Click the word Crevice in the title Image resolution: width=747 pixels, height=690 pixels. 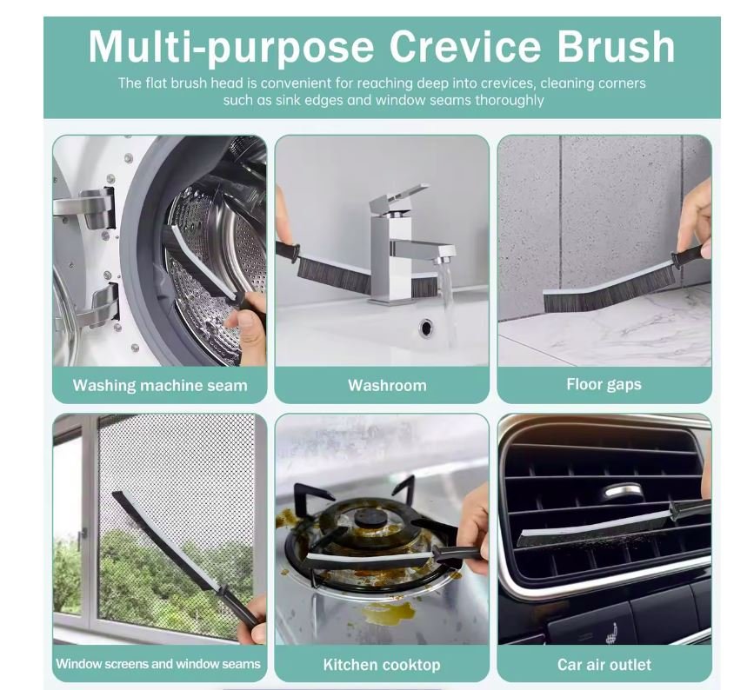coord(465,47)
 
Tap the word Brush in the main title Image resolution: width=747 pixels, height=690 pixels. coord(616,47)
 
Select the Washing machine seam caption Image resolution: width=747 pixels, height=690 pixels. coord(160,385)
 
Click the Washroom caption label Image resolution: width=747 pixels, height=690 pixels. coord(387,385)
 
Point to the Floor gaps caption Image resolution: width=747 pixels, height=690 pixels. coord(604,385)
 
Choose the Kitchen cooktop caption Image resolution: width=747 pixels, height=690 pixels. coord(382,665)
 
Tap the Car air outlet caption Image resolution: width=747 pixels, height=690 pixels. coord(604,664)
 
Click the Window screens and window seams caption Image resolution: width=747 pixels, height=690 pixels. coord(158,664)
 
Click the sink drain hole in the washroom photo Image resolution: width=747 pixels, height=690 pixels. coord(426,327)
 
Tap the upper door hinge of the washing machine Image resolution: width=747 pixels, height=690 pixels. coord(87,208)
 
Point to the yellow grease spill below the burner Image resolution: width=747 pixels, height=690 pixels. coord(384,614)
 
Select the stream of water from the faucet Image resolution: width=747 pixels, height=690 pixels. coord(446,305)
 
